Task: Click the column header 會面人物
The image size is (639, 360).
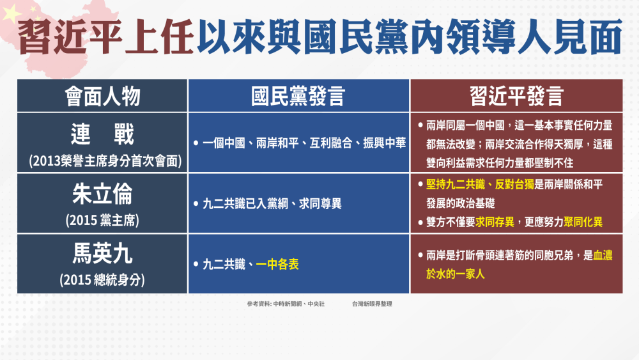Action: (x=102, y=96)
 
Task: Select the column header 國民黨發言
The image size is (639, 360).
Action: (x=298, y=96)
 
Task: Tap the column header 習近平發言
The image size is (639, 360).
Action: (x=516, y=96)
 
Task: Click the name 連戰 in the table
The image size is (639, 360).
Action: (x=102, y=134)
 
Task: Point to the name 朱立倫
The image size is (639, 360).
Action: (x=102, y=194)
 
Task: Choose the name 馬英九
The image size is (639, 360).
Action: (x=102, y=253)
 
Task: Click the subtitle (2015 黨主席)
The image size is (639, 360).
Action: (x=102, y=220)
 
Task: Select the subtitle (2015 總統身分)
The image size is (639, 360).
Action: (x=102, y=279)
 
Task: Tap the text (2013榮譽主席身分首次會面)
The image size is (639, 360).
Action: (x=105, y=160)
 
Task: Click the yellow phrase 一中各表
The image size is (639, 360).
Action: (x=277, y=264)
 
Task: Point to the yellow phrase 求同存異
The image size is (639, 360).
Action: (x=495, y=222)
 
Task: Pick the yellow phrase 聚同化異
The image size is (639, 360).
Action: (x=583, y=222)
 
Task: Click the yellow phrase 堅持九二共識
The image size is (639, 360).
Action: (x=455, y=184)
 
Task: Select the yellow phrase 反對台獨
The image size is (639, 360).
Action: (x=514, y=184)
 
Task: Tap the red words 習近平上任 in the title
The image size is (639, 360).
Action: (x=105, y=36)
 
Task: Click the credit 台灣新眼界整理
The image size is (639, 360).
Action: (x=372, y=304)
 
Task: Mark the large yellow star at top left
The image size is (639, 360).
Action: (x=12, y=13)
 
